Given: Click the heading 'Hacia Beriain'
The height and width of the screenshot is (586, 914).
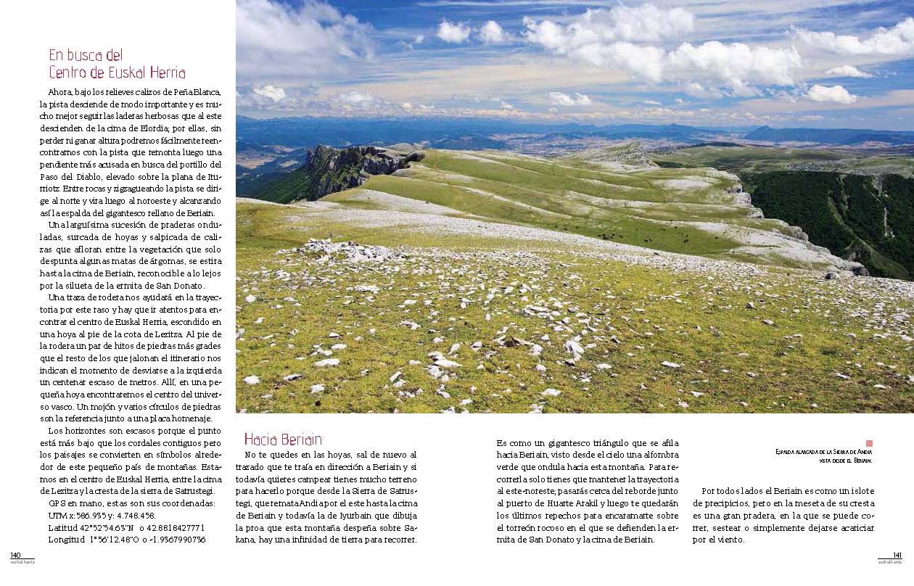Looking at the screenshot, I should click(x=283, y=439).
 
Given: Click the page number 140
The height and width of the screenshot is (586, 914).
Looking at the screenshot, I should click(x=15, y=555).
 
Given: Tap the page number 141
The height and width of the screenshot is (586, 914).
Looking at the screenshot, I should click(x=897, y=555).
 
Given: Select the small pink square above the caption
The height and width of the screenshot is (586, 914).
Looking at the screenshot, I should click(x=869, y=443).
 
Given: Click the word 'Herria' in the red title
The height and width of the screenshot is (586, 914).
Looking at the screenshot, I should click(x=166, y=73).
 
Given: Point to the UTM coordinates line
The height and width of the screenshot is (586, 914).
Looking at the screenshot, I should click(x=100, y=515).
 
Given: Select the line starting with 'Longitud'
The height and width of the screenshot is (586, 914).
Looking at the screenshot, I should click(x=126, y=540).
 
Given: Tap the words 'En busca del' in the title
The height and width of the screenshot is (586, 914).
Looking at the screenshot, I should click(x=86, y=55).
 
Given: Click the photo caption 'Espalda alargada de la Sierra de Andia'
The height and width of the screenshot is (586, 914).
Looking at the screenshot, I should click(x=823, y=452).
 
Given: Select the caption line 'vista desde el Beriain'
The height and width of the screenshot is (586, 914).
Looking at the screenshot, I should click(x=844, y=461).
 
